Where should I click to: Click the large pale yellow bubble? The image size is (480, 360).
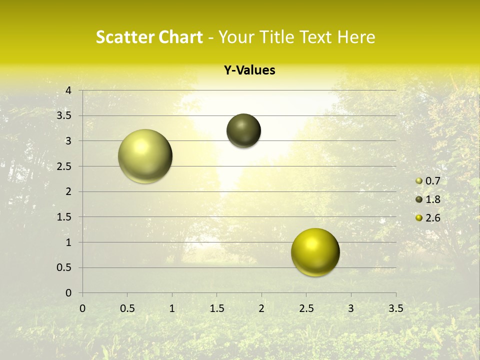click(x=145, y=156)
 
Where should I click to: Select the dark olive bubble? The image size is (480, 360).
click(x=243, y=131)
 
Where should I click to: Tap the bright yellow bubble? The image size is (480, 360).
click(x=315, y=252)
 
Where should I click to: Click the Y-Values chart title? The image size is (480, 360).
click(x=249, y=70)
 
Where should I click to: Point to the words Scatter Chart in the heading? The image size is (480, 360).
click(x=149, y=37)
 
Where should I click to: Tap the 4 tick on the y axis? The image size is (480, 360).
click(x=68, y=90)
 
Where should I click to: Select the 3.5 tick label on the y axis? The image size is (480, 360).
click(x=64, y=116)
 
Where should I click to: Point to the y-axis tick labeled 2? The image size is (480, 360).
click(x=68, y=191)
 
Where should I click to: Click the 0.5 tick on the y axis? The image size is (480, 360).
click(x=64, y=267)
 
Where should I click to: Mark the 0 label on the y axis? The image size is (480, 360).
click(x=68, y=293)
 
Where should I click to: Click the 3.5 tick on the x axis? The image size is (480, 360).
click(x=395, y=308)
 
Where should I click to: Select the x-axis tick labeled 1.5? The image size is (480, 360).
click(x=216, y=308)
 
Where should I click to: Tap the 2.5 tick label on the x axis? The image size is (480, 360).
click(x=306, y=308)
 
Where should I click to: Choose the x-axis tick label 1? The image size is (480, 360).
click(x=172, y=308)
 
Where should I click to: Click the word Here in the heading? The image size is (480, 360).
click(x=356, y=37)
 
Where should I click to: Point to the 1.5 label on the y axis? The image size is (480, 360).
click(x=64, y=217)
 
